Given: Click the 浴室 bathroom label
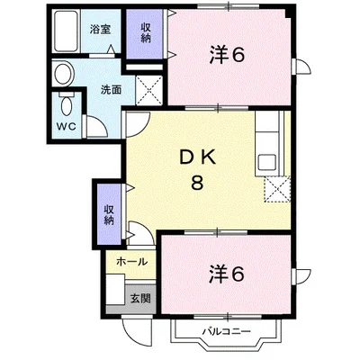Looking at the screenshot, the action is tap(100, 29).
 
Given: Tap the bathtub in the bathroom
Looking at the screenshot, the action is tap(66, 31).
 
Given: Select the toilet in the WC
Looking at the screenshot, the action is tap(66, 103).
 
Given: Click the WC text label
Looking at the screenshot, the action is tap(67, 127).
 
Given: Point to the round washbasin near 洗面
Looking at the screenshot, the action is tap(64, 74).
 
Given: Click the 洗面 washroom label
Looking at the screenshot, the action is tap(112, 90).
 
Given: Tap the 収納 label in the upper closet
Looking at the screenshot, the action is tap(146, 33).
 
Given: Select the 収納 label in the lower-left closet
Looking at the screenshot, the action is tap(109, 215).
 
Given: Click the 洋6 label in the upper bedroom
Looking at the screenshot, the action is tap(227, 55).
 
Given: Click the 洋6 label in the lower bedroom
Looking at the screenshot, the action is tap(227, 274).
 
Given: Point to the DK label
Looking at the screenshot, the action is tap(197, 158).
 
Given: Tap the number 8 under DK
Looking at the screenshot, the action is tap(197, 182).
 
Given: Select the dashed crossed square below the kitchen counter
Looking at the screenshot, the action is tap(277, 189).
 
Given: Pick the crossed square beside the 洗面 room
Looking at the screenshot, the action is tap(149, 90).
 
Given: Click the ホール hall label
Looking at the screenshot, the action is tap(132, 262).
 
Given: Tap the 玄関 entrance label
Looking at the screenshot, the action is tap(140, 299).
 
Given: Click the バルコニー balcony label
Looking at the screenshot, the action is tap(226, 332).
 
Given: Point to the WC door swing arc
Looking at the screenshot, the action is tap(96, 127).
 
